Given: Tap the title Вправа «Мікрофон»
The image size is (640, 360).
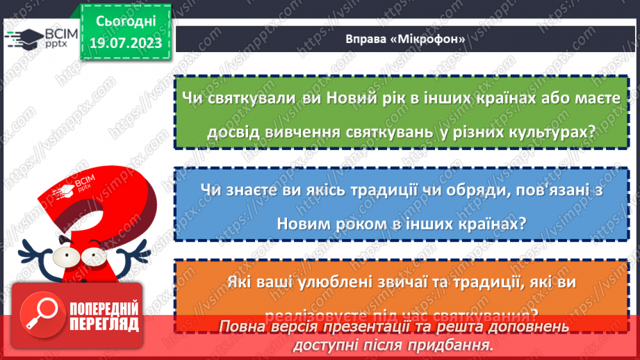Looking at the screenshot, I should (x=405, y=40).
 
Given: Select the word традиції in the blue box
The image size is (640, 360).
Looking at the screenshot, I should (x=399, y=190).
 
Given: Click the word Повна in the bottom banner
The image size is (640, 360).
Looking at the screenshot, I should (x=244, y=327).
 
